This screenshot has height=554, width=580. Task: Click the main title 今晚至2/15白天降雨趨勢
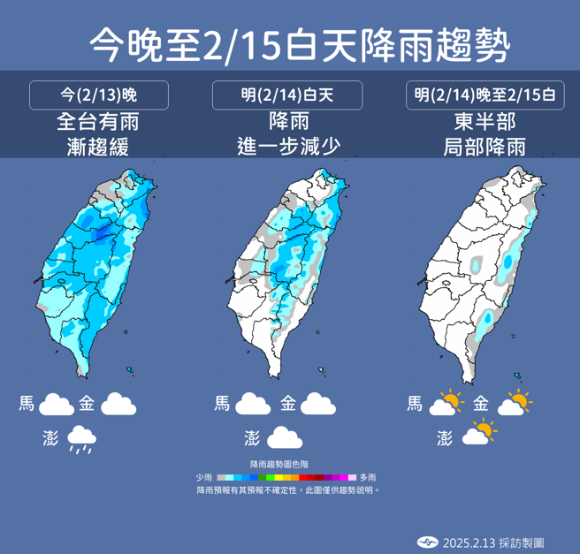290,42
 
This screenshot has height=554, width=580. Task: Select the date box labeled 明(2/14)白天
287,95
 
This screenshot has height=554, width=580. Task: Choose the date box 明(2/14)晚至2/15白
485,95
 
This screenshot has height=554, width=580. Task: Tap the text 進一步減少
287,146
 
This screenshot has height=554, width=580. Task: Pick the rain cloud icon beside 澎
83,438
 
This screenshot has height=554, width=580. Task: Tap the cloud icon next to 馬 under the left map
57,405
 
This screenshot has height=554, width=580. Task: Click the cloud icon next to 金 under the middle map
318,405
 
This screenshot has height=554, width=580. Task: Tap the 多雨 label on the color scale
368,477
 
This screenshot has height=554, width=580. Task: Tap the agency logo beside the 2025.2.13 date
428,542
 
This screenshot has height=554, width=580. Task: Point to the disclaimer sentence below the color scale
288,489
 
